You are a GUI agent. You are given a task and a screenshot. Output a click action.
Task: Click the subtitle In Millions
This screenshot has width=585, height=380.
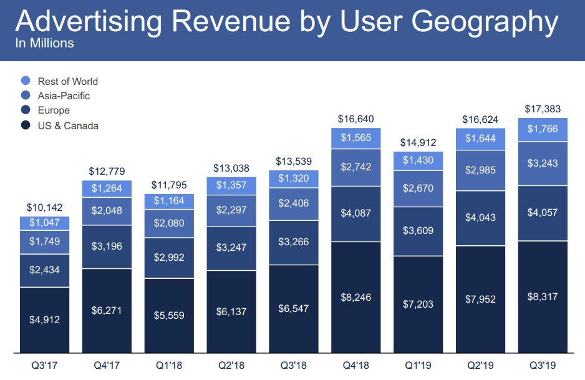[x=44, y=44]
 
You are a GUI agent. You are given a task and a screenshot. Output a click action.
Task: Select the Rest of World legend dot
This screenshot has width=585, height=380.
[x=26, y=81]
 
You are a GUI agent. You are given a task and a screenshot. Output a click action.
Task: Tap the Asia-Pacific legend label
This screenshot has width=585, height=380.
[x=64, y=95]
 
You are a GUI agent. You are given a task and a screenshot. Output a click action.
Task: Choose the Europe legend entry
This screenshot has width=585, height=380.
[x=54, y=110]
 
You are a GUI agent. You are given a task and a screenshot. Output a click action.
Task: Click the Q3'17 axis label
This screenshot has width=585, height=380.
[x=44, y=365]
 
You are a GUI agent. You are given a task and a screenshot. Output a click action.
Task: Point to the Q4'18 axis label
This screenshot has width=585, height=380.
[x=355, y=365]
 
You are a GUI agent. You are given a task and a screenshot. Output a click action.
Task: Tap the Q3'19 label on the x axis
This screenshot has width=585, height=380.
[x=543, y=365]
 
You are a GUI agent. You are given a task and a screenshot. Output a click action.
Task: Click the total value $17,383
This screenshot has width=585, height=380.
[x=543, y=109]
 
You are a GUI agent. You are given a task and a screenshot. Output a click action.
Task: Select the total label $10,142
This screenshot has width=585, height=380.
[x=44, y=208]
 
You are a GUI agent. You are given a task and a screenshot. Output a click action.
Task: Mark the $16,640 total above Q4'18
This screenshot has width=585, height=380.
[x=355, y=119]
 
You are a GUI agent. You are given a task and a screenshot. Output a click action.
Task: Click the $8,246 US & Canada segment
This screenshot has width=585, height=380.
[x=355, y=297]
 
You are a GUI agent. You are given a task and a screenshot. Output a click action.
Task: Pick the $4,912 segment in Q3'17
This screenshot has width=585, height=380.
[x=44, y=319]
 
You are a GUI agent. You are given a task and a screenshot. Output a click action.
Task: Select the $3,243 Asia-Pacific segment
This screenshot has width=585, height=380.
[x=543, y=163]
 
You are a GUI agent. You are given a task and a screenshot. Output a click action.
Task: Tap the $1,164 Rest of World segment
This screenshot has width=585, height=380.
[x=169, y=202]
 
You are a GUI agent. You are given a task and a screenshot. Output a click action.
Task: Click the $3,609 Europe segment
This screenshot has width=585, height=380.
[x=418, y=230]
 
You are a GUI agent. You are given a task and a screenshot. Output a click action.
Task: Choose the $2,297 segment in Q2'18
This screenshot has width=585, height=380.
[x=231, y=211]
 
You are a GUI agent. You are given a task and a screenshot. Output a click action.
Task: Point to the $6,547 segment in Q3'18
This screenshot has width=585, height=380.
[x=294, y=308]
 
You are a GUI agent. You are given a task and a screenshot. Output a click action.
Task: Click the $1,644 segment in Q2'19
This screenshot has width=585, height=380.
[x=480, y=139]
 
